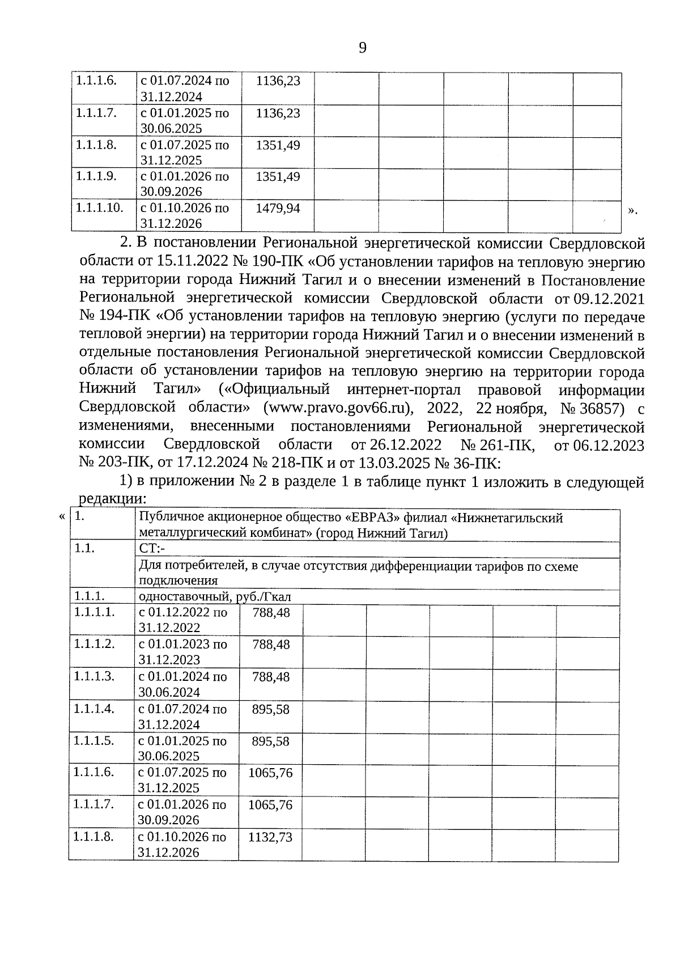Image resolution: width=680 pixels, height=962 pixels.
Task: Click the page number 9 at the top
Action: pyautogui.click(x=363, y=48)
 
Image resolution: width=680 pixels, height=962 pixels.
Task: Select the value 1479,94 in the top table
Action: pyautogui.click(x=277, y=208)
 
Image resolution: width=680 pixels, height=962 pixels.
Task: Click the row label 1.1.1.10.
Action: pyautogui.click(x=100, y=207)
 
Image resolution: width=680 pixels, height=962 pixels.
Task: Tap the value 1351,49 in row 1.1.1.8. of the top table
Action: pyautogui.click(x=277, y=145)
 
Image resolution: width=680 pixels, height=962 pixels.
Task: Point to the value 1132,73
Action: pyautogui.click(x=270, y=837)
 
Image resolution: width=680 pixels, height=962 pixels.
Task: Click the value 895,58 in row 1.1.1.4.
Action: pyautogui.click(x=270, y=709)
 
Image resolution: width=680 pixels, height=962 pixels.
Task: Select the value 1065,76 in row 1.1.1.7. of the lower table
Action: pyautogui.click(x=270, y=804)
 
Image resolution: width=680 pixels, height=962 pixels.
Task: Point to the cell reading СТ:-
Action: pyautogui.click(x=151, y=549)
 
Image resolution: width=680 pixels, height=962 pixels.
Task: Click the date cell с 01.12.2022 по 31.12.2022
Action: pyautogui.click(x=182, y=620)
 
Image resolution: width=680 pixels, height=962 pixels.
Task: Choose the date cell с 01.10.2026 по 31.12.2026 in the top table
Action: pyautogui.click(x=185, y=215)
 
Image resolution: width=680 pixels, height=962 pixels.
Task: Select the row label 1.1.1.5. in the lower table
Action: pyautogui.click(x=94, y=740)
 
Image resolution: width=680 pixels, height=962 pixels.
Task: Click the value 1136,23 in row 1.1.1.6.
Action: pyautogui.click(x=277, y=81)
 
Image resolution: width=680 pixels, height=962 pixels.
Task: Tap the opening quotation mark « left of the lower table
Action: pyautogui.click(x=61, y=517)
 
